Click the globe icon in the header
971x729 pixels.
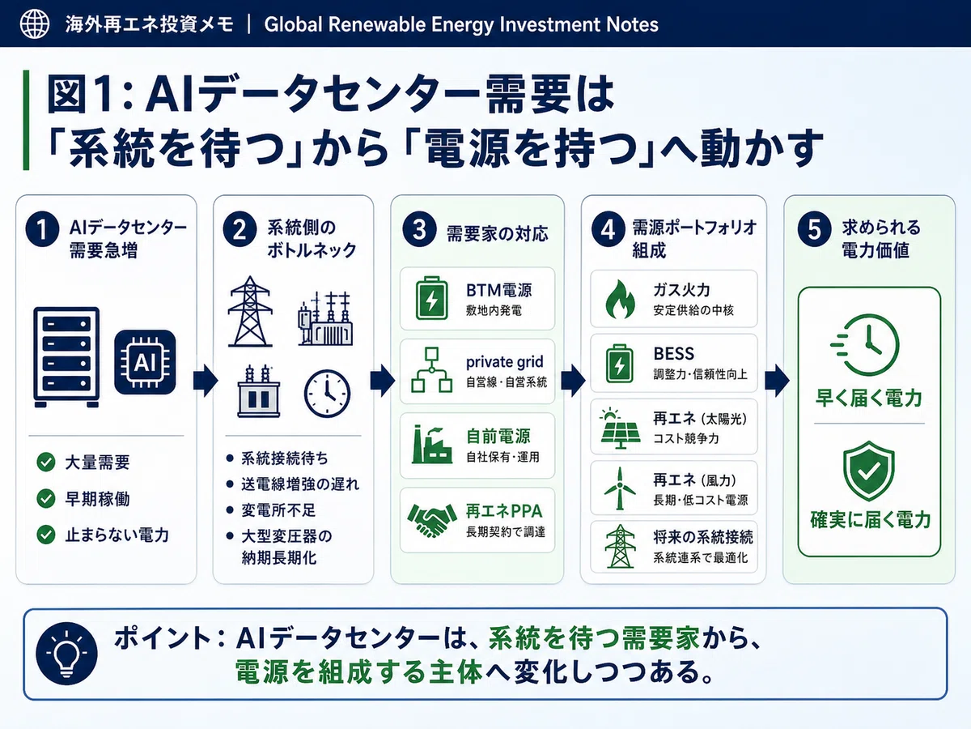point(35,24)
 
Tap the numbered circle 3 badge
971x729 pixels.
point(419,230)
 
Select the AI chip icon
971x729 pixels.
point(145,362)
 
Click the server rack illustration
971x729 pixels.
point(66,356)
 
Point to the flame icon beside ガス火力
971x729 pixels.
point(620,299)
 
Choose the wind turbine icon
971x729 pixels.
point(620,488)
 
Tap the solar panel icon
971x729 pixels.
point(620,428)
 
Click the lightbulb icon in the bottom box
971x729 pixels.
point(67,654)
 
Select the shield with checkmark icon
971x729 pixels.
point(869,471)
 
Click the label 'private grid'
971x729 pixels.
point(504,362)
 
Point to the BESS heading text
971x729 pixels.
point(674,354)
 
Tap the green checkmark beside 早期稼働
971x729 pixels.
point(46,498)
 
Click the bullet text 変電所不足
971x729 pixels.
point(278,510)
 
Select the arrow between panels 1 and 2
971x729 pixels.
point(206,381)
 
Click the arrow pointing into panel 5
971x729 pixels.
point(778,381)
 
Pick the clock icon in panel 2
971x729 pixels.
point(327,394)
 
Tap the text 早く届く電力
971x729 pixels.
point(869,398)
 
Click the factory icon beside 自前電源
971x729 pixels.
point(432,445)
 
